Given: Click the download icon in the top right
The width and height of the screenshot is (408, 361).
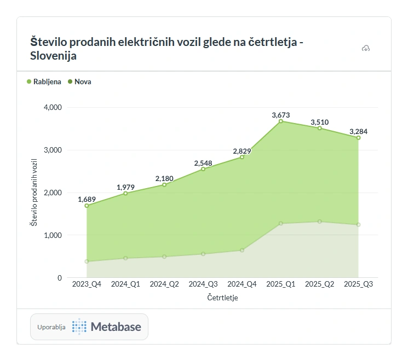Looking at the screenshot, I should point(366,49).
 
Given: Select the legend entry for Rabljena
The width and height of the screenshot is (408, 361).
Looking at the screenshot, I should point(44,82).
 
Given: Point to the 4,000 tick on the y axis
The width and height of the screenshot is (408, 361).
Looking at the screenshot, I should point(52,107).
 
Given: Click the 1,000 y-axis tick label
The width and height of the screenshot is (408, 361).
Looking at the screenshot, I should point(52,235).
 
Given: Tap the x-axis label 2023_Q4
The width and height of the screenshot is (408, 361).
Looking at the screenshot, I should point(86,284).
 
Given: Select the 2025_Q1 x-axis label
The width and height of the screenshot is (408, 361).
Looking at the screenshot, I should point(280,284).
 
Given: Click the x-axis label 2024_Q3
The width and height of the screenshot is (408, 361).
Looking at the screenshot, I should point(203,284).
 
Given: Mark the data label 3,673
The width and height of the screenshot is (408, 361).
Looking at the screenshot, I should point(281,115).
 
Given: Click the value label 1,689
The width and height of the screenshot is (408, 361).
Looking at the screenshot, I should point(87,199).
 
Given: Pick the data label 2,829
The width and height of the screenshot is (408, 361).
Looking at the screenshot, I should point(242,151).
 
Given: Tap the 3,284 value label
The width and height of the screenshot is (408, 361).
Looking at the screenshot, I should point(359,131).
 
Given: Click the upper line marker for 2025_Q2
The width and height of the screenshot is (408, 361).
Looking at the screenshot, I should point(320,128).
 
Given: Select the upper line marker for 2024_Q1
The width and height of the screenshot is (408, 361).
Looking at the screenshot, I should point(125,194).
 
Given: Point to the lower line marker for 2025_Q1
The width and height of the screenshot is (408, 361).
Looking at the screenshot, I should point(281,223).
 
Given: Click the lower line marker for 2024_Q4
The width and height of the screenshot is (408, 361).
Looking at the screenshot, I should point(242,251).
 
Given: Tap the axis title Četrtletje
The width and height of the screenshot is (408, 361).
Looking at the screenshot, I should point(222,298).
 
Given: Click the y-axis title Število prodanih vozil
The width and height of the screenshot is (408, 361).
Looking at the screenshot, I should point(34,193).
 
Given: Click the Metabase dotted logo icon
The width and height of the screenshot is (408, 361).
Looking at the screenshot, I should point(79,327).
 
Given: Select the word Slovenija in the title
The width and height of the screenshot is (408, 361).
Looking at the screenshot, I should point(54,56).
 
